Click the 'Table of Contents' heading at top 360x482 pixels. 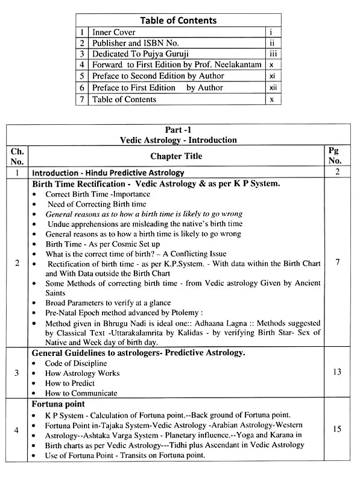click(x=178, y=20)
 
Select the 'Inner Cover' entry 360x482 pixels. click(x=114, y=32)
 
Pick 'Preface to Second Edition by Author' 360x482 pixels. click(x=158, y=77)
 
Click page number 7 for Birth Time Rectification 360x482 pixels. click(x=336, y=262)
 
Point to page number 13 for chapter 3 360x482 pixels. click(x=336, y=372)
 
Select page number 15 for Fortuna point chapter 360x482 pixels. click(x=336, y=430)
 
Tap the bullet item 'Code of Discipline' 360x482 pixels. click(x=77, y=363)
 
